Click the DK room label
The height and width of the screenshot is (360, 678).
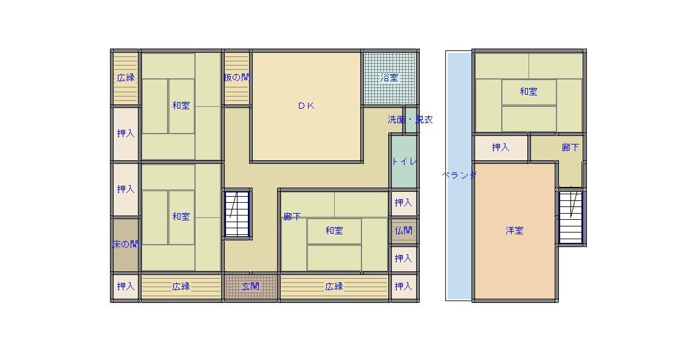pos(306,106)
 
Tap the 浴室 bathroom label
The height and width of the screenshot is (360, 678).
pos(389,78)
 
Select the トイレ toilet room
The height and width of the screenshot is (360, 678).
pos(404,161)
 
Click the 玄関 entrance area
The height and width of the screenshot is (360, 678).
pos(251,287)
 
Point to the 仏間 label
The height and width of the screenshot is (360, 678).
pos(403,231)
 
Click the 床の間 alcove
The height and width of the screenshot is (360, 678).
pos(125,245)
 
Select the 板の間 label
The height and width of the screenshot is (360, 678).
pos(237,78)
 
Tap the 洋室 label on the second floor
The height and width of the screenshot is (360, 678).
pos(515,231)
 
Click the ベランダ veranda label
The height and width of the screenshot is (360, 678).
pos(459,175)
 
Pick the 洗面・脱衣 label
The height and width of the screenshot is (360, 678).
pos(410,120)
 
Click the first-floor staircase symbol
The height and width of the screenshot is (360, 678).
pos(237,214)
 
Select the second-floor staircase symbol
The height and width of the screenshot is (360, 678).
pos(570,217)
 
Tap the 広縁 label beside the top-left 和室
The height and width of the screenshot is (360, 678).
pos(126,78)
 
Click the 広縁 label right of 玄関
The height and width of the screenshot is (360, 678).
pos(334,287)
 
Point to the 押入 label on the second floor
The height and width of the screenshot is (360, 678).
pos(501,148)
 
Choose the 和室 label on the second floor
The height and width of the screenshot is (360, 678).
pos(529,92)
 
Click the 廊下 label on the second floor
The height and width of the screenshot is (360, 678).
pos(570,148)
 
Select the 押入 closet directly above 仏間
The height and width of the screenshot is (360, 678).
pos(404,203)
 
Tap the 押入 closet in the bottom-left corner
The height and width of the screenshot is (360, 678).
pos(125,287)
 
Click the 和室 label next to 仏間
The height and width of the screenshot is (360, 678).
pos(334,231)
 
